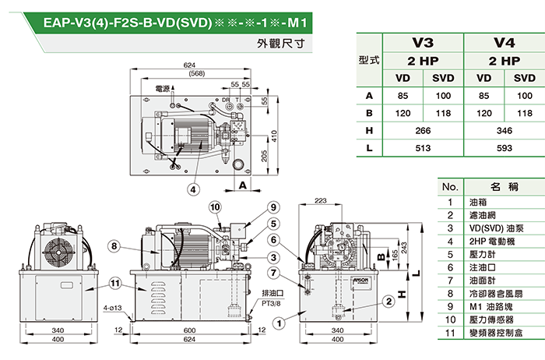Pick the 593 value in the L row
[x=505, y=147]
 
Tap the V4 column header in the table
[x=505, y=44]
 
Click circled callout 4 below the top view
[x=192, y=188]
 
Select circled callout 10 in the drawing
[x=215, y=207]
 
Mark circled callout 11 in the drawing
[x=116, y=283]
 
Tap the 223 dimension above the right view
[x=319, y=202]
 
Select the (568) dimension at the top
[x=196, y=73]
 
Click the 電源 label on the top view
[x=162, y=89]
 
